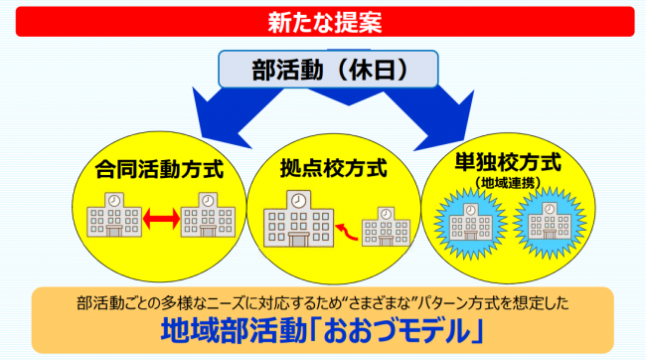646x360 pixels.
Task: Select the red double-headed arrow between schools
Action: click(158, 218)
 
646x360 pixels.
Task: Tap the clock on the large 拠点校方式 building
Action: click(298, 201)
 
